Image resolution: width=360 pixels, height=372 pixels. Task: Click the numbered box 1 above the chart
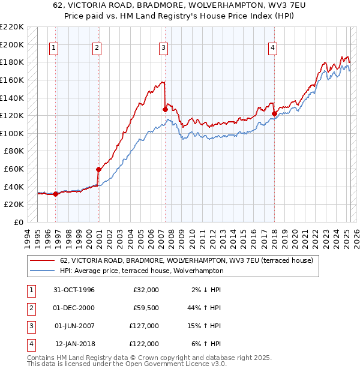click(x=54, y=49)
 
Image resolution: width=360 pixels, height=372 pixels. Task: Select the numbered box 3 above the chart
click(x=163, y=49)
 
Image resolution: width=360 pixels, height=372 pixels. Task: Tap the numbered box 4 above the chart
click(x=272, y=49)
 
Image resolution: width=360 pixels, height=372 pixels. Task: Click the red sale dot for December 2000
click(x=99, y=170)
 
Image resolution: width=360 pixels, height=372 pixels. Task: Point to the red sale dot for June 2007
click(x=165, y=110)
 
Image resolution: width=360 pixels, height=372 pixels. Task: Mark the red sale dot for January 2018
click(x=274, y=113)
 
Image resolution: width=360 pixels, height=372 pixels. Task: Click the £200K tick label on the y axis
click(x=12, y=44)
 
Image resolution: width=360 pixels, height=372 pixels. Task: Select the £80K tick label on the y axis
click(x=14, y=151)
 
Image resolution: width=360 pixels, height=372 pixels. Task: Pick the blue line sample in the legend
click(x=43, y=271)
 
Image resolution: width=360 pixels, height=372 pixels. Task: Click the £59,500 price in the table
click(x=145, y=308)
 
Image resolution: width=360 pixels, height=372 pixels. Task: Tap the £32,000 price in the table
click(x=145, y=290)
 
